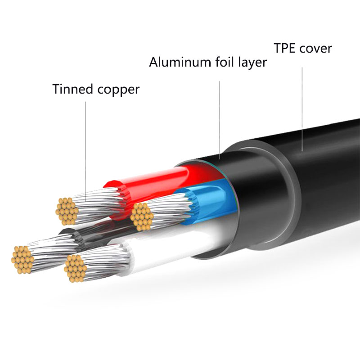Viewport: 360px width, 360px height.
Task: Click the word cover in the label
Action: coord(318,48)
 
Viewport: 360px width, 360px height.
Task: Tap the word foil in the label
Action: coord(218,62)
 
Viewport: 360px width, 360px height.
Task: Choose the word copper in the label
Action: coord(118,90)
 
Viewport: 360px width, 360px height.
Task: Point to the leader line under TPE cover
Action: coord(301,112)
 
